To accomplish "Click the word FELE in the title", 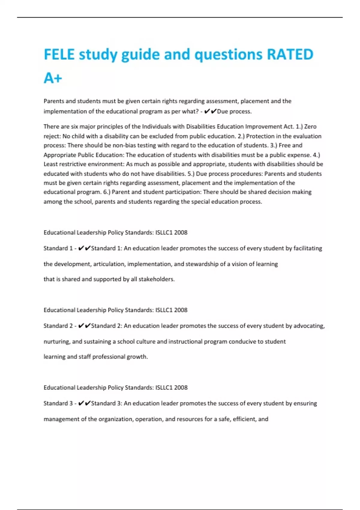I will coord(59,55).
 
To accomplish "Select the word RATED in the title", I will coord(290,55).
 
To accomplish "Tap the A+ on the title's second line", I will coord(53,78).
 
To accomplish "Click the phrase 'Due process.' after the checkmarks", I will coord(234,111).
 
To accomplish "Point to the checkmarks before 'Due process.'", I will coord(210,111).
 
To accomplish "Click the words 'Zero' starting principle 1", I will coord(310,127).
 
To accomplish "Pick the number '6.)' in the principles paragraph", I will coord(106,192).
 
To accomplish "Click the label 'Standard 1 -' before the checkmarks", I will coord(60,248).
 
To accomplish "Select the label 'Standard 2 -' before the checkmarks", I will coord(60,326).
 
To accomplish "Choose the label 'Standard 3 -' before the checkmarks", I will coord(60,403).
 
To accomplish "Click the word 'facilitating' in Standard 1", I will coord(307,248).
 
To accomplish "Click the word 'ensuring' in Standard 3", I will coord(305,403).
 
